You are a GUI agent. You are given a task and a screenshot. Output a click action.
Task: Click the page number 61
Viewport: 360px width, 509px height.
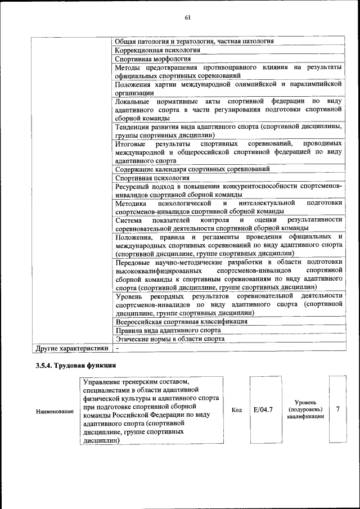pos(188,17)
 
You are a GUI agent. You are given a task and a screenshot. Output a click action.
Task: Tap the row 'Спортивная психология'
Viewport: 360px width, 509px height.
pos(152,177)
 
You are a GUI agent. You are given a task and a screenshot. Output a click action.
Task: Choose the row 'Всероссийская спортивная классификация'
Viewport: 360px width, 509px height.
pos(181,321)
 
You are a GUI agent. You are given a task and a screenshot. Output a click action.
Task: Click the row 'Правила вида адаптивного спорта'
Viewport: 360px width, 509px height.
pos(168,330)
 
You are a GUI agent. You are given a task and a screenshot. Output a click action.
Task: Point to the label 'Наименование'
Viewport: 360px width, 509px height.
pos(55,412)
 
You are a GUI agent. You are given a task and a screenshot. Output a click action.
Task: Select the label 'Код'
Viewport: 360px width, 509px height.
pos(237,410)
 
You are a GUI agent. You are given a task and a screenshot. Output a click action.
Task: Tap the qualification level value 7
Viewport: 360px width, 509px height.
pos(337,409)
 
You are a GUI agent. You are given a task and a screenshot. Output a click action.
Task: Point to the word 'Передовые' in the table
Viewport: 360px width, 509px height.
pos(132,262)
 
